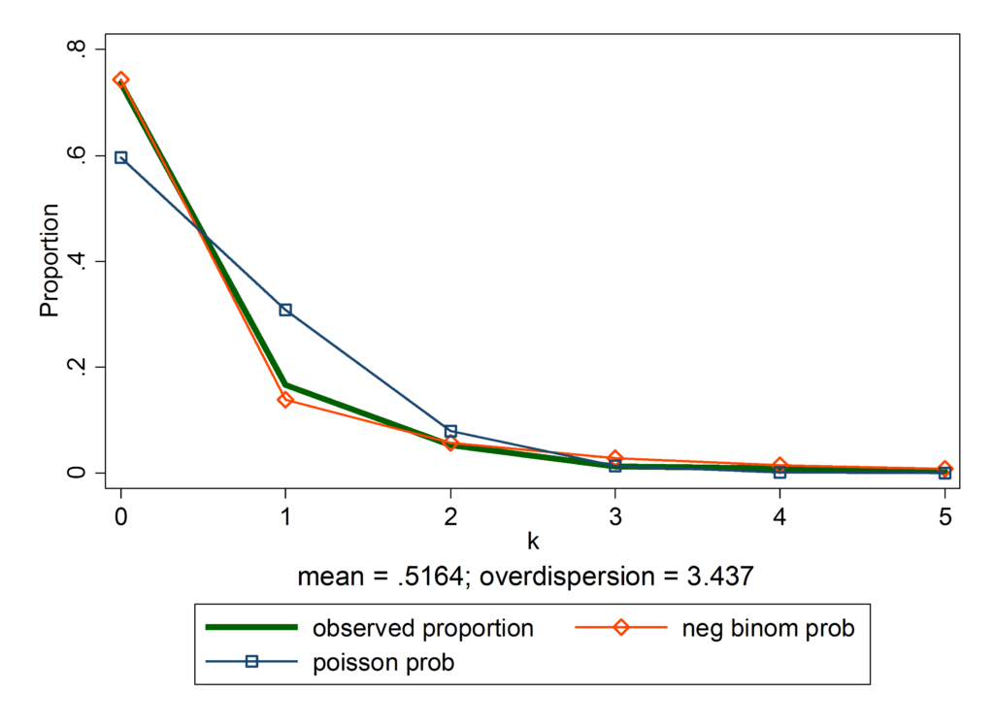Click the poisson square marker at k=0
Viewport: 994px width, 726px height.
click(120, 157)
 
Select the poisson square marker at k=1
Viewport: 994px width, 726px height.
click(285, 310)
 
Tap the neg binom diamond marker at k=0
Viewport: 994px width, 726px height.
click(120, 80)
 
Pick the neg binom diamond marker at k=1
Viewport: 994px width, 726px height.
click(285, 399)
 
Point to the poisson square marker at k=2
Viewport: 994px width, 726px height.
click(450, 431)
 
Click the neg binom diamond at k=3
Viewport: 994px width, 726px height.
click(615, 458)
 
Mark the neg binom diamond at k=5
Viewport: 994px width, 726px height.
click(944, 470)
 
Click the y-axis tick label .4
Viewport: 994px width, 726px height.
click(77, 262)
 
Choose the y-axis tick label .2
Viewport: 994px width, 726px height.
click(77, 368)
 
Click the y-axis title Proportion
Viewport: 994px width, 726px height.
click(49, 260)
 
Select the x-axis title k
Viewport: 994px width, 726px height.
click(533, 540)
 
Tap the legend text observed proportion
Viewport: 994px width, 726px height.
click(422, 628)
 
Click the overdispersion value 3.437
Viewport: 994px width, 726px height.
click(719, 576)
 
